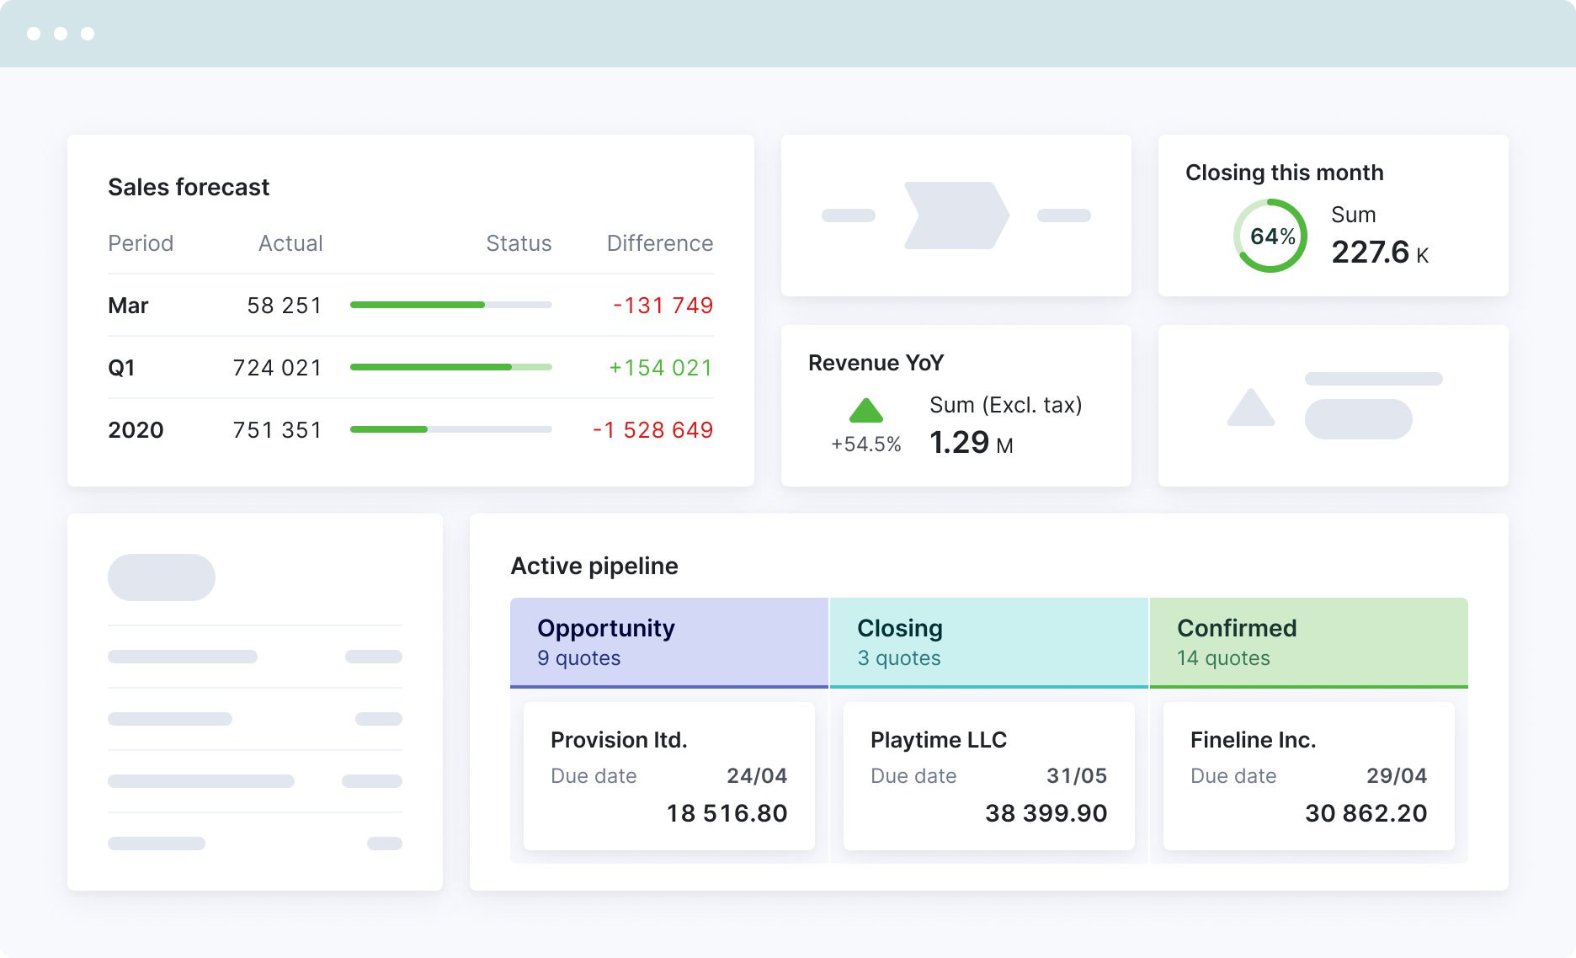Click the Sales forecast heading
tap(189, 187)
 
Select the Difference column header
tap(659, 243)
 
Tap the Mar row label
tap(128, 306)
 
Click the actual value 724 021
tap(277, 368)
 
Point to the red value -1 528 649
tap(652, 430)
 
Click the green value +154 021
tap(660, 368)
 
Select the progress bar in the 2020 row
tap(450, 429)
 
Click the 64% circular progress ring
tap(1270, 236)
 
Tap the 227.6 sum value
tap(1370, 253)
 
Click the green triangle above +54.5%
tap(865, 411)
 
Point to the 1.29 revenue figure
tap(959, 443)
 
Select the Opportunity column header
tap(606, 629)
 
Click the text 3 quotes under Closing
tap(898, 658)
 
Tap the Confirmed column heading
tap(1236, 629)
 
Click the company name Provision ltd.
tap(619, 740)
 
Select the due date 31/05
tap(1076, 776)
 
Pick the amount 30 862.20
tap(1366, 813)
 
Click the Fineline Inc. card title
tap(1253, 740)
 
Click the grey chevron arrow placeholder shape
tap(956, 216)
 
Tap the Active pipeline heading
tap(594, 566)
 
